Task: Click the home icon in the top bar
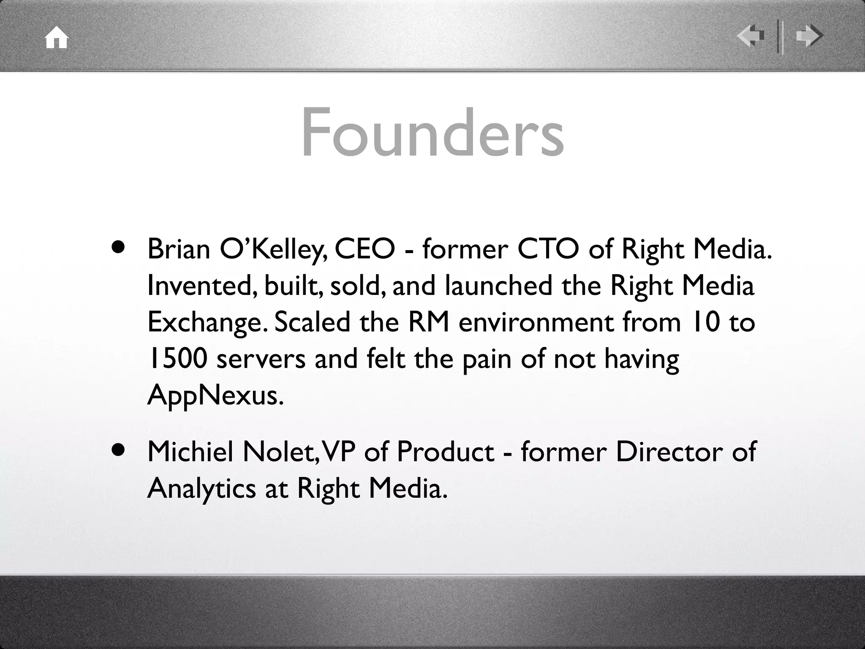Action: tap(57, 38)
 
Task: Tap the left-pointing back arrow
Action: tap(751, 36)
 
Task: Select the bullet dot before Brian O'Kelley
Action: tap(120, 247)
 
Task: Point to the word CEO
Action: tap(364, 249)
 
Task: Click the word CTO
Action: tap(548, 249)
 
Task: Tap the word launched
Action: tap(498, 286)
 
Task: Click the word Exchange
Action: tap(207, 323)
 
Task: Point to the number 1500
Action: tap(178, 359)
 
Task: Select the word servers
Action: tap(261, 359)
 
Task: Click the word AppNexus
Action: tap(215, 395)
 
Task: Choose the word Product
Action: tap(445, 452)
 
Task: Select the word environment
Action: tap(536, 323)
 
